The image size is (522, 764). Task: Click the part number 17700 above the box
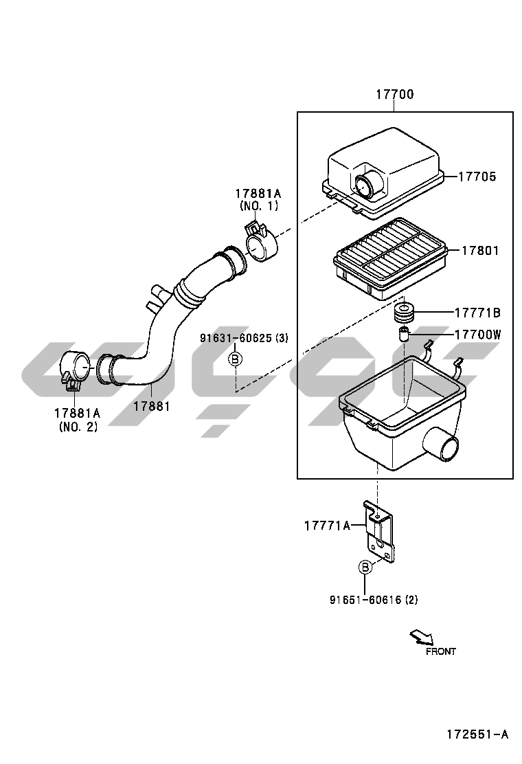394,94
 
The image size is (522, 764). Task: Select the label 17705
477,177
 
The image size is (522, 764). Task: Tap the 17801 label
480,251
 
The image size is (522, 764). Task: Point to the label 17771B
477,313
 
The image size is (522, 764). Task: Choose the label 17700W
477,334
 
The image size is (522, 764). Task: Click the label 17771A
327,525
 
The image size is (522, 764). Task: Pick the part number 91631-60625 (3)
244,337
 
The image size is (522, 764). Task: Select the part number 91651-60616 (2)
374,600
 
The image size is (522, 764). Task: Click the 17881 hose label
151,405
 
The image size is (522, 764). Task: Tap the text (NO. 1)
259,205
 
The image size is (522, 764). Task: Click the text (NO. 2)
78,427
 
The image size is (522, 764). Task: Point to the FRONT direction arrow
422,636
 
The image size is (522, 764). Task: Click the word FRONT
441,651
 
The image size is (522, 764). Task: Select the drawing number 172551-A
477,734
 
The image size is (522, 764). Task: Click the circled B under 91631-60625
235,359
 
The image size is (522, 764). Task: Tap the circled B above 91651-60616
365,567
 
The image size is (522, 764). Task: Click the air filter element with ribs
391,258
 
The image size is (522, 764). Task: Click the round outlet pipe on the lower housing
441,445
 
